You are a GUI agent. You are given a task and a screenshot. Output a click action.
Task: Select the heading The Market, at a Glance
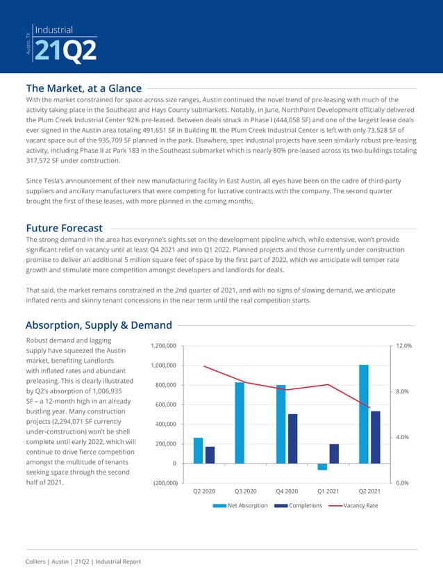(83, 88)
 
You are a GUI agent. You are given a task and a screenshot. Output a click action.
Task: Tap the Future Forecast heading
(64, 228)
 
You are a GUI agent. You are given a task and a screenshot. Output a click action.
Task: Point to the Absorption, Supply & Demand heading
(98, 325)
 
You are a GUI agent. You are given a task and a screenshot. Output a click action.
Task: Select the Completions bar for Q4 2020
(292, 438)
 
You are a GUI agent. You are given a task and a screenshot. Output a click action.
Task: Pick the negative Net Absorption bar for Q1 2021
(322, 466)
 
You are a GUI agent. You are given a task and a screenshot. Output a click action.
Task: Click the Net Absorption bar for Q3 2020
(240, 422)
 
